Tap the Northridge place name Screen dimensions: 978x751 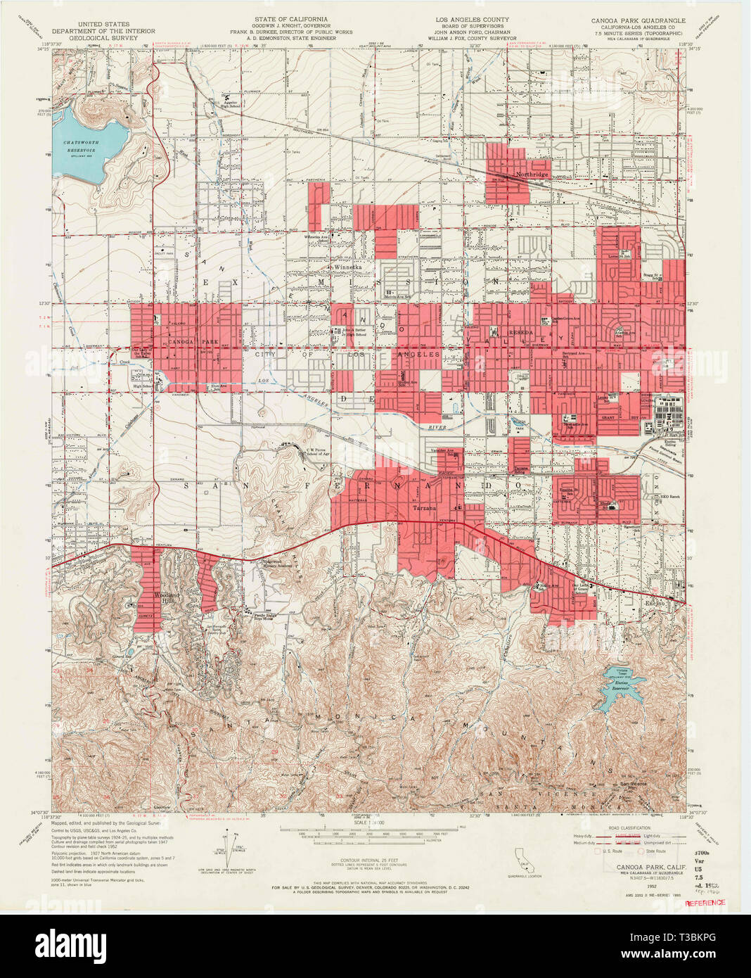530,174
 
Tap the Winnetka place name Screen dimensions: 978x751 347,268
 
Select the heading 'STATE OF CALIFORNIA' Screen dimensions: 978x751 281,19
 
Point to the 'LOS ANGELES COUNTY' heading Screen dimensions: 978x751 472,20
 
